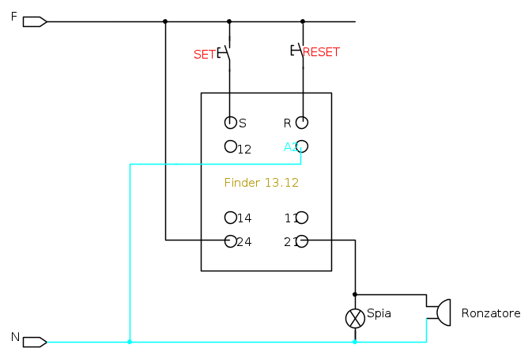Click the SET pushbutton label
point(204,54)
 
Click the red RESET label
point(322,52)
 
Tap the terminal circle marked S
point(231,123)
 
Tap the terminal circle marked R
point(302,123)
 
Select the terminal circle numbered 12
point(231,146)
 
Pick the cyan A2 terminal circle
point(302,146)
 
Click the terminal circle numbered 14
point(231,218)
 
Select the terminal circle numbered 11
point(302,218)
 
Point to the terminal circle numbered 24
point(231,241)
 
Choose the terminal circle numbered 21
point(302,241)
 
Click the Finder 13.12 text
point(262,182)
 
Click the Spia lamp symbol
point(355,318)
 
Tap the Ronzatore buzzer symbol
point(440,313)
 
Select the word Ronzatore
point(491,313)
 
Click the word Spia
point(379,313)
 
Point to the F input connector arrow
point(35,21)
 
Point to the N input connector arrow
point(35,342)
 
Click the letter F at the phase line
point(13,17)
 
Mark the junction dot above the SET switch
point(229,21)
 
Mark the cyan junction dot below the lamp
point(355,342)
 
